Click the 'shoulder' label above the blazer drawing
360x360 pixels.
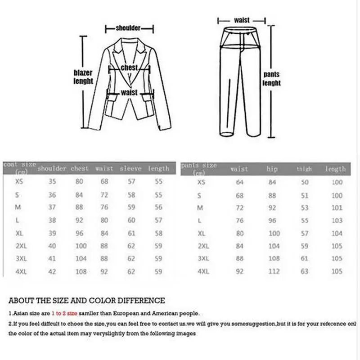click(128, 28)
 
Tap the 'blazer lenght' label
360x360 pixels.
click(83, 77)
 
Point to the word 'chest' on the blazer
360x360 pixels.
click(129, 67)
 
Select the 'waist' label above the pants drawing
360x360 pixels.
click(242, 20)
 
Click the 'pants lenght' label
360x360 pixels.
click(271, 79)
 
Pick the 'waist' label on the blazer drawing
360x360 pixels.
click(129, 92)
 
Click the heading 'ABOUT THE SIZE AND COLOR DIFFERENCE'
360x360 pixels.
click(87, 300)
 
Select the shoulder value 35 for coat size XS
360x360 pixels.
click(53, 182)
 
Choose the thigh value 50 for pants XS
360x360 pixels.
click(304, 182)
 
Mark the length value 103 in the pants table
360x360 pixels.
click(337, 220)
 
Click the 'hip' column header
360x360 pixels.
click(272, 169)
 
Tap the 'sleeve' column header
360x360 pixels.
click(130, 169)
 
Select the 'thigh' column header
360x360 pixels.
click(304, 169)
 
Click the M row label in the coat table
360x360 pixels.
click(19, 208)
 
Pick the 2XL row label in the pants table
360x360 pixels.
click(204, 247)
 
